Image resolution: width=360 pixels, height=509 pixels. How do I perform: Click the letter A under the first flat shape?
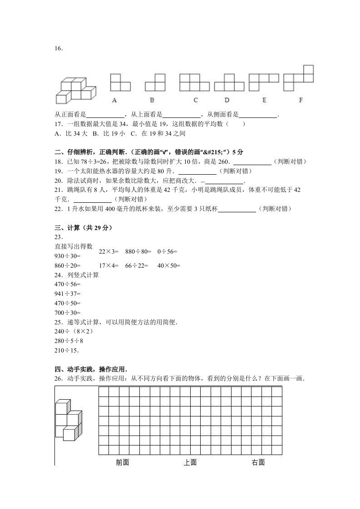point(114,100)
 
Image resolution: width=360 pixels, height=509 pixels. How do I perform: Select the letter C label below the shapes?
point(195,100)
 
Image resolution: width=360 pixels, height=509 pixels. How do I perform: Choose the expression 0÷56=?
point(167,251)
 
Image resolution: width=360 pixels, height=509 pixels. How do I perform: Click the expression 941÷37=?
point(67,294)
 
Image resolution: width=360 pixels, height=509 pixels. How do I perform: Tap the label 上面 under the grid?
point(190,462)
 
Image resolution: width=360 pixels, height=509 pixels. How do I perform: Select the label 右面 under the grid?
point(258,462)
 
